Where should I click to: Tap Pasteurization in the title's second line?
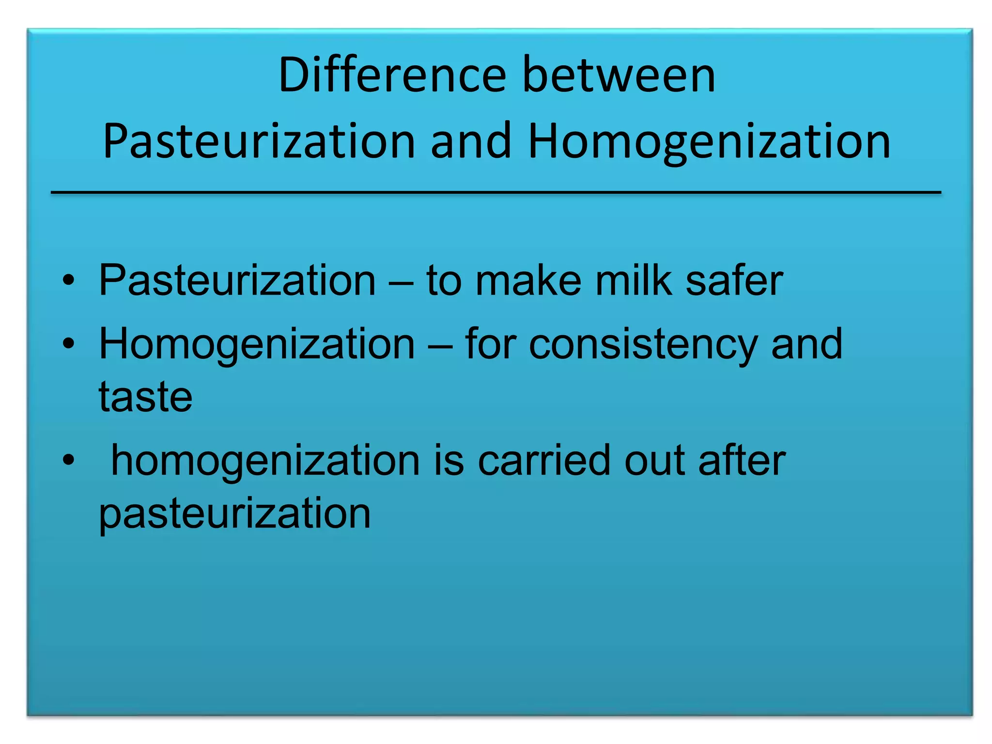tap(259, 141)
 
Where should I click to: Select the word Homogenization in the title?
tap(709, 141)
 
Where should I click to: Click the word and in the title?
tap(471, 141)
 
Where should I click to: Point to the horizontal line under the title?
tap(496, 193)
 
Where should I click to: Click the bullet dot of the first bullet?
tap(69, 280)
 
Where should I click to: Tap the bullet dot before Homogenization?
tap(69, 344)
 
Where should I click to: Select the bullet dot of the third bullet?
tap(69, 461)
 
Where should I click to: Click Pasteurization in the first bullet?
tap(237, 280)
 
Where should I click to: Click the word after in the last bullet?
tap(742, 461)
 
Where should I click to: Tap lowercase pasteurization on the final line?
tap(235, 513)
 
